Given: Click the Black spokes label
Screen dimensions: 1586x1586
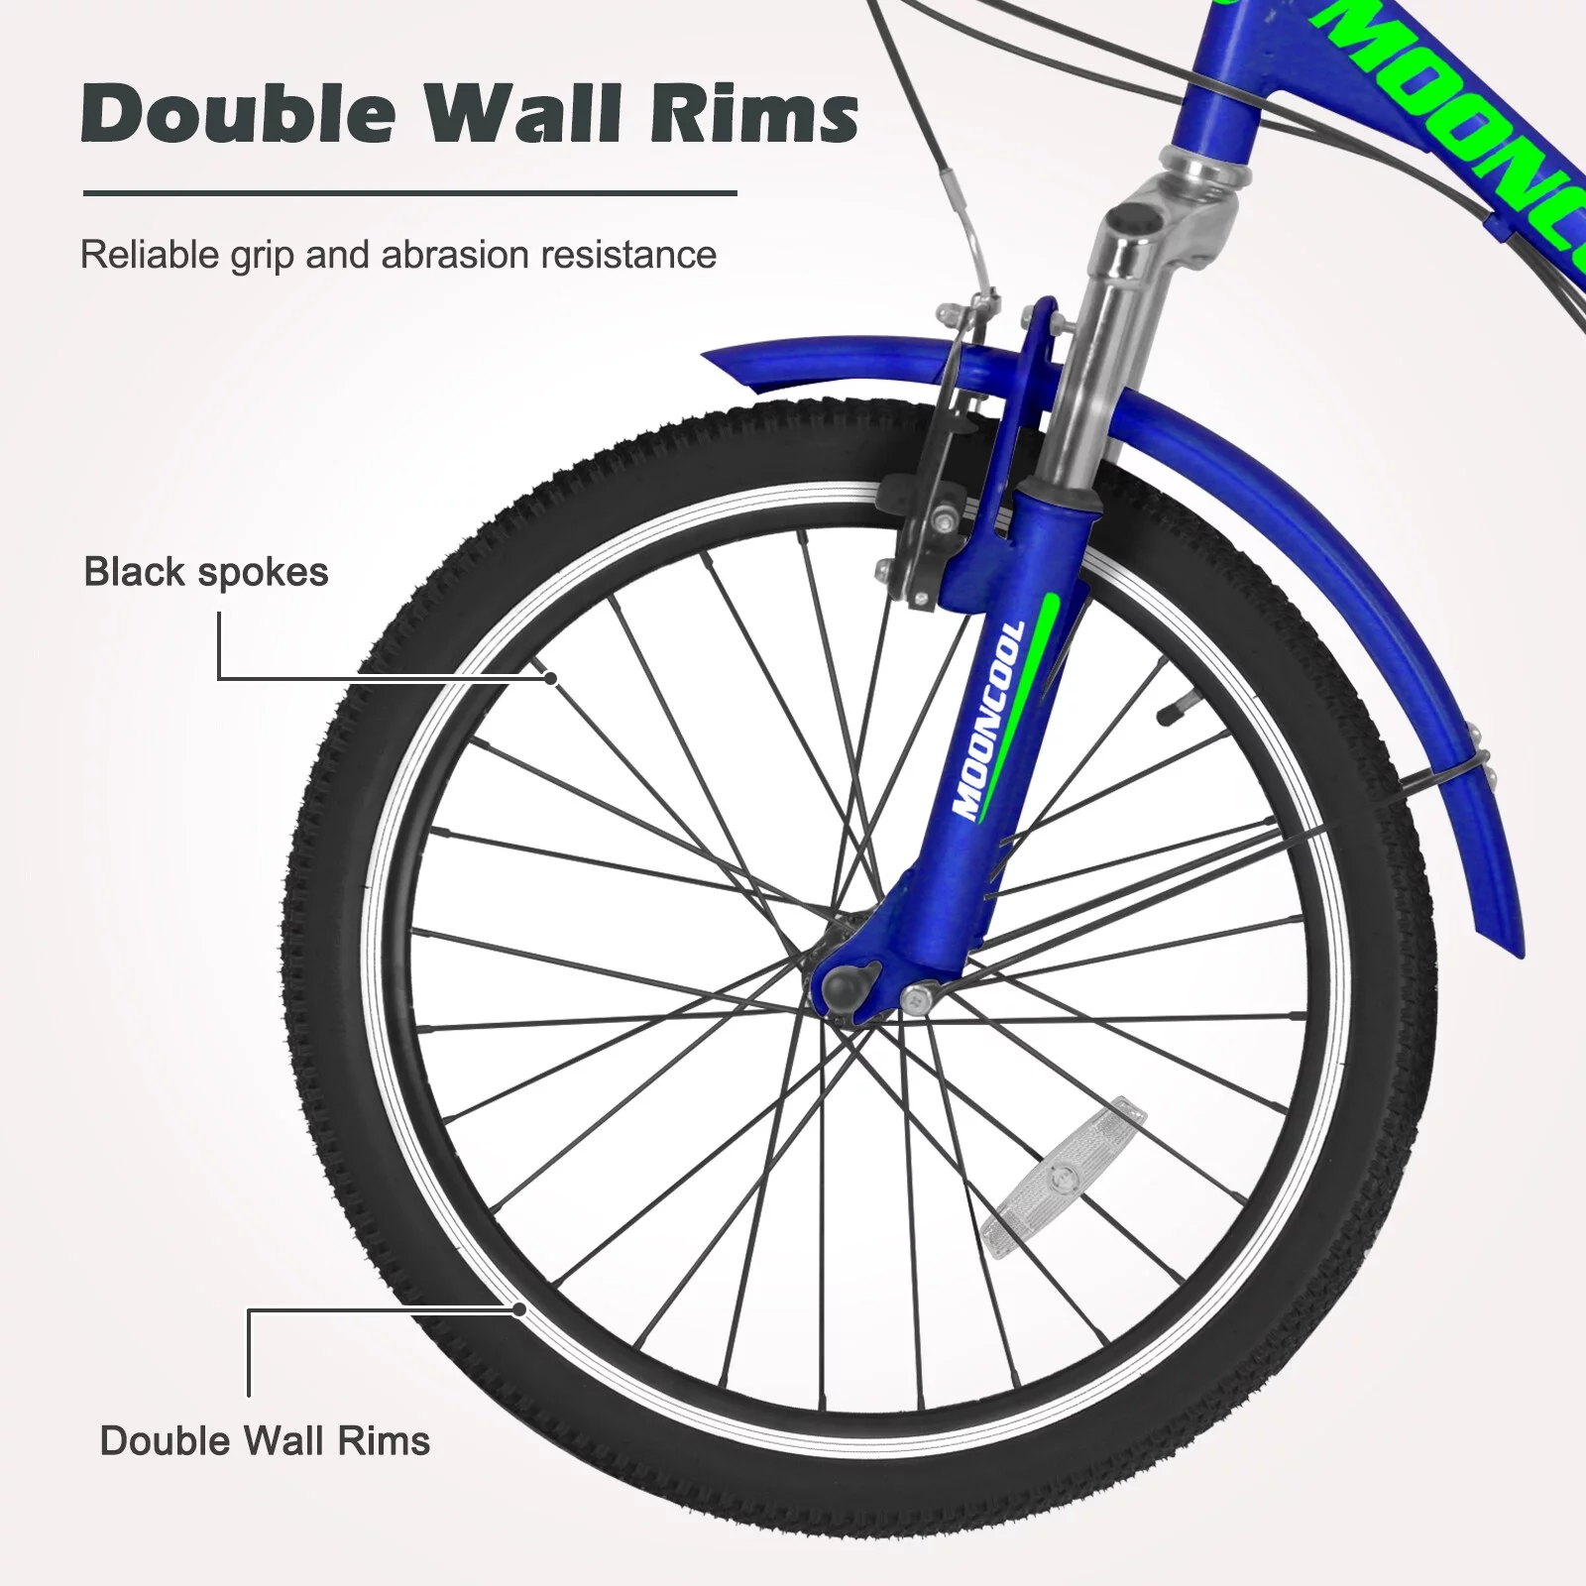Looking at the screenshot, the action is pyautogui.click(x=206, y=572).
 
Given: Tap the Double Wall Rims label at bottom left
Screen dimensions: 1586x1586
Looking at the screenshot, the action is pyautogui.click(x=265, y=1440).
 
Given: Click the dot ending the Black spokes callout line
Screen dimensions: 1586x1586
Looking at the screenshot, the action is pyautogui.click(x=551, y=678).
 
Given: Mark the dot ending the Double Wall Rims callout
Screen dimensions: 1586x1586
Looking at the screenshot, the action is pyautogui.click(x=518, y=1308).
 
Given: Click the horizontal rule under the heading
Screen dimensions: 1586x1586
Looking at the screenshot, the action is pyautogui.click(x=409, y=193).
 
